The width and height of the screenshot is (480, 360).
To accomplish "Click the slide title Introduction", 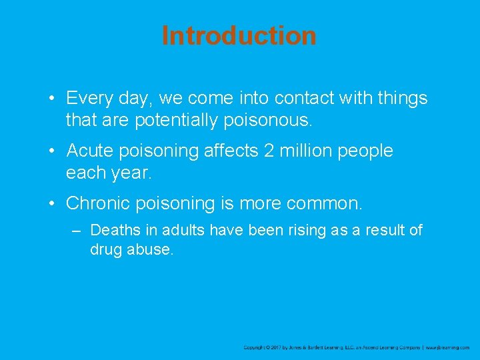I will (239, 35).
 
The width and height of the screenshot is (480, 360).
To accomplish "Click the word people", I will (366, 151).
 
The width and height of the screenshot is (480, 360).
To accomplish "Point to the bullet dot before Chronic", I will (51, 203).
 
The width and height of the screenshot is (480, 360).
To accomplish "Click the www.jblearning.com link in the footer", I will (448, 347).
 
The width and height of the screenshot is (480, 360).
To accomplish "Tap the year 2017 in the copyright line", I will (277, 347).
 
